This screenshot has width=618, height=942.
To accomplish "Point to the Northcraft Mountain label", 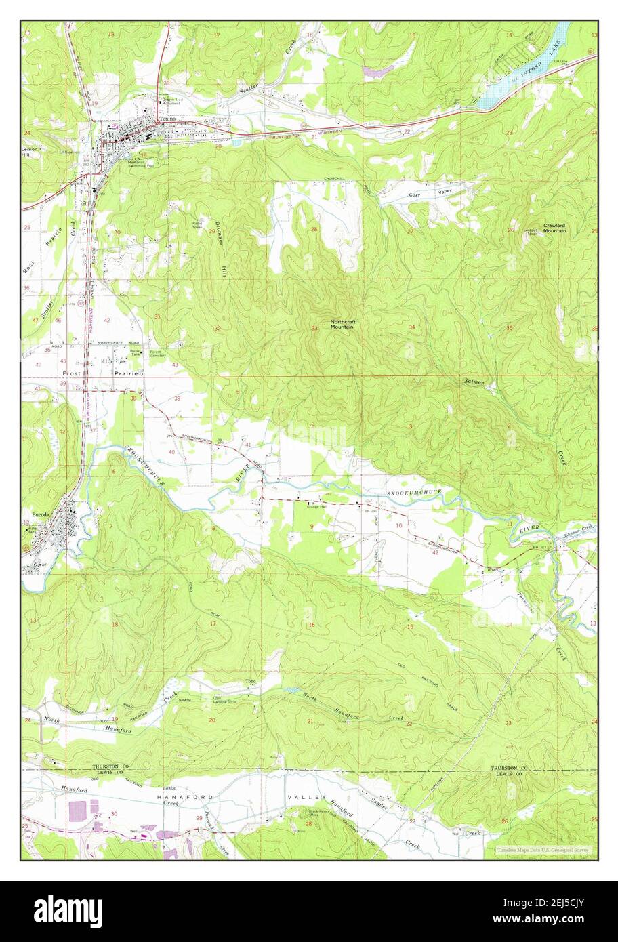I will (342, 324).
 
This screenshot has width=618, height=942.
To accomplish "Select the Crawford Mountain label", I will (554, 228).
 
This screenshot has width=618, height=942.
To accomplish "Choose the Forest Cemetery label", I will (158, 353).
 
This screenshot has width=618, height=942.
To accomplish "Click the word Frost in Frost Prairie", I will (72, 373).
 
